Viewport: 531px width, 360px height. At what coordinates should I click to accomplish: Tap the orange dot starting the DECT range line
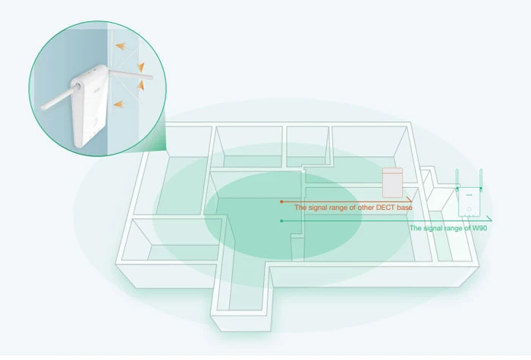(281, 202)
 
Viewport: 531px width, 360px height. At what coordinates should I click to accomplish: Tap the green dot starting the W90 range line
(281, 221)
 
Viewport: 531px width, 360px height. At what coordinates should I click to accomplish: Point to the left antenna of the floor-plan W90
(457, 179)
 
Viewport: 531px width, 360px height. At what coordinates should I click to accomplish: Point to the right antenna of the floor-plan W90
(482, 179)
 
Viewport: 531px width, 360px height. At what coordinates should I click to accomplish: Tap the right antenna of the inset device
(129, 74)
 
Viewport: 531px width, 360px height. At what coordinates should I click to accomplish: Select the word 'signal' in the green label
(431, 227)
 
